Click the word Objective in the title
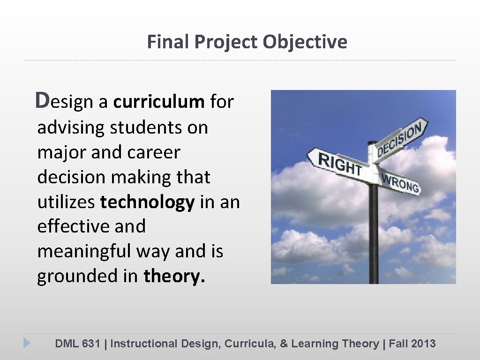(305, 42)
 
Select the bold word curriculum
(158, 102)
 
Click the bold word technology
(147, 202)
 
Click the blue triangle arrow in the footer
(27, 343)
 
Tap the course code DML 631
(77, 344)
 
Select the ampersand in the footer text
(284, 344)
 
